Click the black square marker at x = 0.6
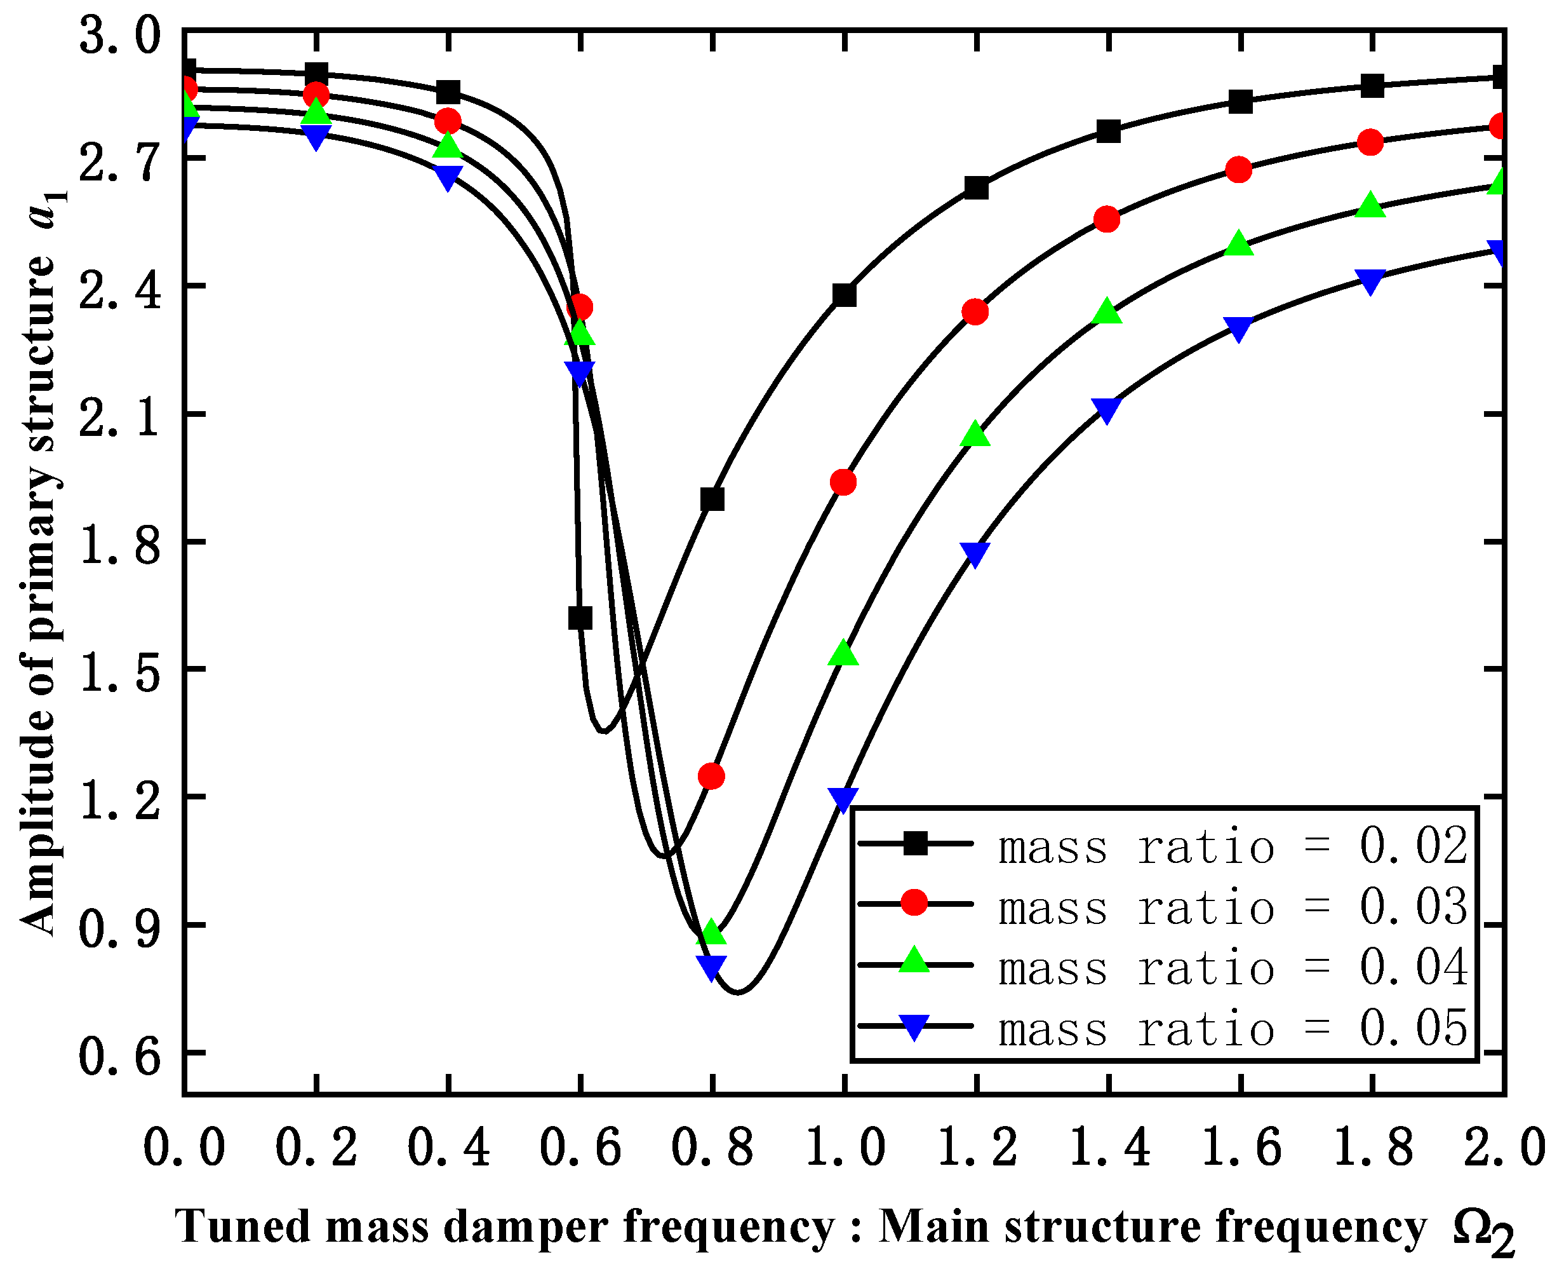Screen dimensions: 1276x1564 coord(580,618)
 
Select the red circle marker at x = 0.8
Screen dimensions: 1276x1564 coord(711,776)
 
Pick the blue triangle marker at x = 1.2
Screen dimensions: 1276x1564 coord(975,553)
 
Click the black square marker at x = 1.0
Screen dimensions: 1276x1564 coord(844,295)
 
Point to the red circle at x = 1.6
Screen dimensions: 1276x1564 coord(1240,170)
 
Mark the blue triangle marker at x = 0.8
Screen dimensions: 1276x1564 coord(711,967)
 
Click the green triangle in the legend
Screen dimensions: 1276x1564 coord(914,961)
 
